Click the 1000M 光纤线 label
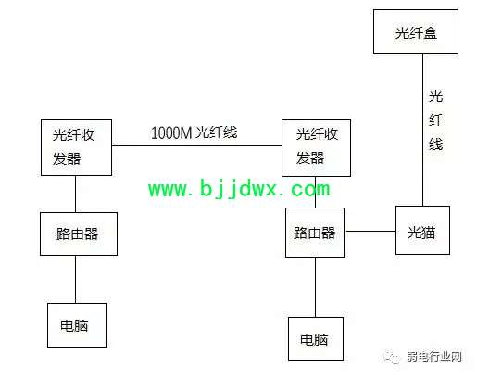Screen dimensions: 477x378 (194, 132)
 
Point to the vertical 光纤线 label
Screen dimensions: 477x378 (435, 120)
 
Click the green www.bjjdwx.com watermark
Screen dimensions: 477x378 (239, 188)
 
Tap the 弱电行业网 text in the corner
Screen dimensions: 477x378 (433, 357)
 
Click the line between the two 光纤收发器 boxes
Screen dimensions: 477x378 (196, 145)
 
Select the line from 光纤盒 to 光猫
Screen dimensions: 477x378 (422, 130)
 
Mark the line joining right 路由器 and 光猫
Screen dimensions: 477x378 (370, 231)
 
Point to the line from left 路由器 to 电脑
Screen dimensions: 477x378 (76, 279)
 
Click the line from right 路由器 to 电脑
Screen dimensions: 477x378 (315, 287)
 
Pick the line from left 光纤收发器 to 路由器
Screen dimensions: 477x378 (76, 194)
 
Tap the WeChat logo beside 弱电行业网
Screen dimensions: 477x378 (392, 358)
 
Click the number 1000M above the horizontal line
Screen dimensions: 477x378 (171, 133)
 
